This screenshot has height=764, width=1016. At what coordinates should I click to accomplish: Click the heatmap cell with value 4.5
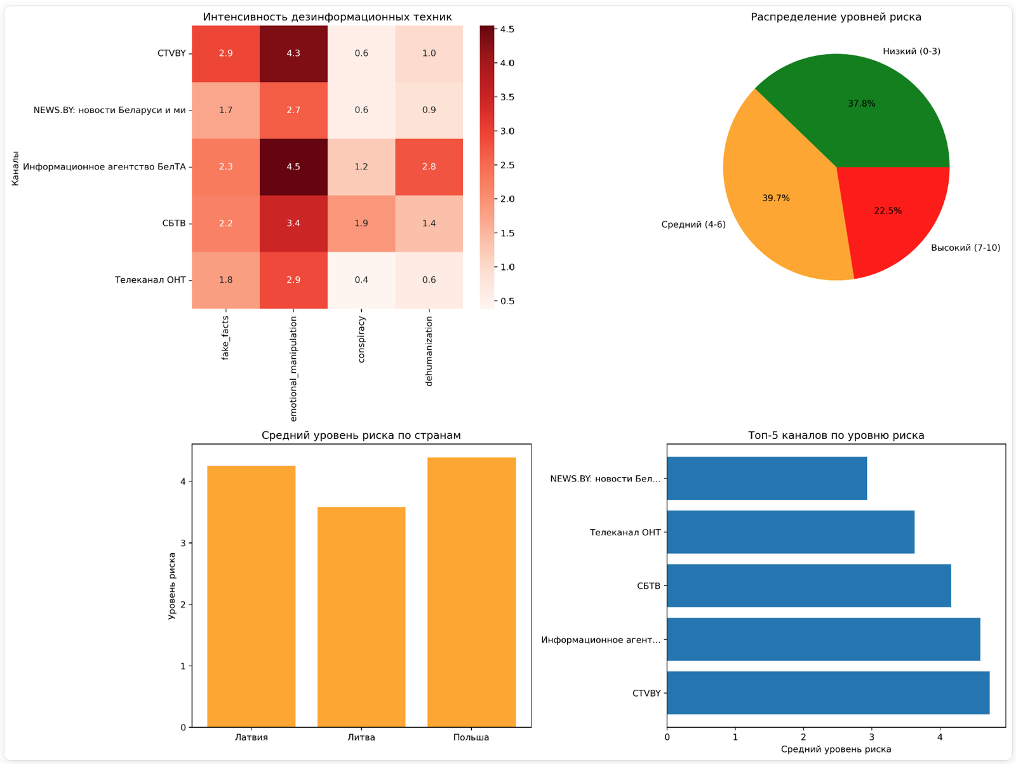293,167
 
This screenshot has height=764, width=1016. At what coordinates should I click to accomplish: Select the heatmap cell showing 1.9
361,224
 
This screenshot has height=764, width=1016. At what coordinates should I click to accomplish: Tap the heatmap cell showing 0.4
361,280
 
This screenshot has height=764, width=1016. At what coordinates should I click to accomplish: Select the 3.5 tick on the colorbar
507,97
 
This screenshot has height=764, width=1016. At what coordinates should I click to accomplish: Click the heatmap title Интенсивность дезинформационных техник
327,17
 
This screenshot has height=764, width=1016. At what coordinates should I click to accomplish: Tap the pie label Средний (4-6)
693,225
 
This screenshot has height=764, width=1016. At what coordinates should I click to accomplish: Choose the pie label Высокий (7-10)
965,248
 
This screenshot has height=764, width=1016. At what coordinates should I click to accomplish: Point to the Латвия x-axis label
251,737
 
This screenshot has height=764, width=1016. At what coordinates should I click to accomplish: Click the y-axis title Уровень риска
172,586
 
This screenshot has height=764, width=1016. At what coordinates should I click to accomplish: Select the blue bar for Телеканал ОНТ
790,532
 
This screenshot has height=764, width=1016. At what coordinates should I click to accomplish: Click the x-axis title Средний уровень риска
836,749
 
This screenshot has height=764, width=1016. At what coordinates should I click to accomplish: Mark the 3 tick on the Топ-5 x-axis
872,737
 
